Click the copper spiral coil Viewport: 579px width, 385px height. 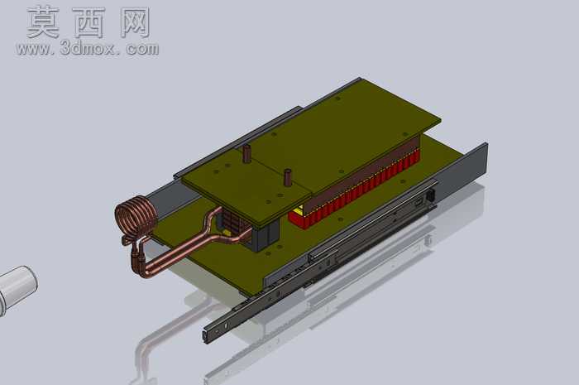(135, 217)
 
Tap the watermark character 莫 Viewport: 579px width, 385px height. (44, 22)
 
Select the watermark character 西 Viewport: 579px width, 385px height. (89, 22)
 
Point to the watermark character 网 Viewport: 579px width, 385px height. (135, 22)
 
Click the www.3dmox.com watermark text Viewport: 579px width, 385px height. (88, 48)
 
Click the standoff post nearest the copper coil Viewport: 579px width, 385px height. (246, 154)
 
